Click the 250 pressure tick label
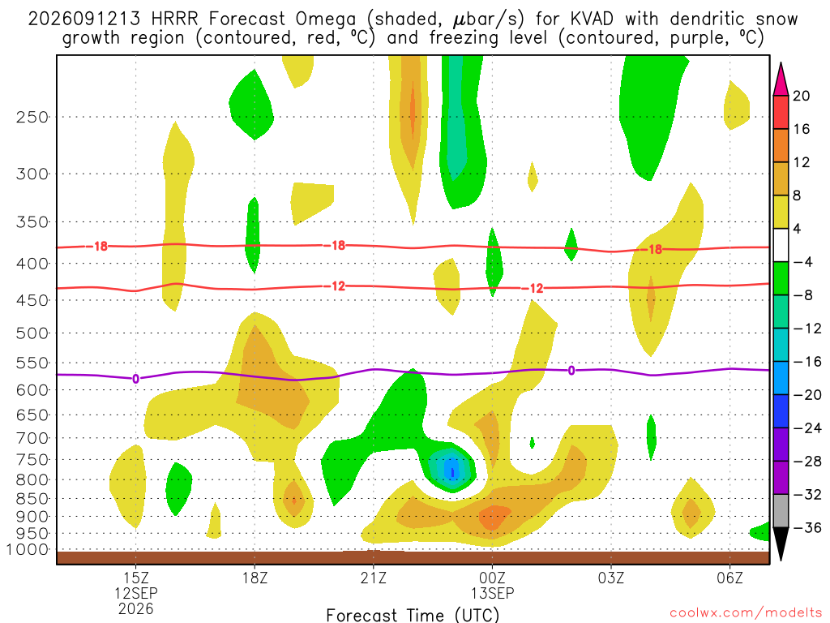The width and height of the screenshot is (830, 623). click(32, 117)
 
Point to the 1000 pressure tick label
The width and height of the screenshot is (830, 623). click(28, 550)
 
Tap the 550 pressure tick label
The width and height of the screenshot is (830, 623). click(32, 363)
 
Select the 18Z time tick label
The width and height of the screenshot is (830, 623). click(255, 578)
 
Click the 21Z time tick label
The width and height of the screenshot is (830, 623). click(374, 578)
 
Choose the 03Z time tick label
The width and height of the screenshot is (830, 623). click(611, 578)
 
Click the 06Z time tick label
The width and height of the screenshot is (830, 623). click(730, 578)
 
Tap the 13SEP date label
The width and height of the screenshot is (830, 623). click(492, 593)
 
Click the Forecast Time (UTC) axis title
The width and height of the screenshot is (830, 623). click(413, 615)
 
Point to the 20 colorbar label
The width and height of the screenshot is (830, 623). click(801, 96)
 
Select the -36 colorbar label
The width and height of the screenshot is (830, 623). click(807, 527)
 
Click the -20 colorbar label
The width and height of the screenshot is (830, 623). click(807, 395)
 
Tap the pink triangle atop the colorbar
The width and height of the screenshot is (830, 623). click(781, 79)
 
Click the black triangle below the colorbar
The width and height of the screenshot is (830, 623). click(781, 544)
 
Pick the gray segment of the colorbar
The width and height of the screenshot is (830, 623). click(781, 511)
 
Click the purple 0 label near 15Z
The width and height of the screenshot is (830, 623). click(136, 379)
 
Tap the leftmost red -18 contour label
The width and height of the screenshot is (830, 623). click(97, 247)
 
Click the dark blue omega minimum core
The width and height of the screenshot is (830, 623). click(452, 470)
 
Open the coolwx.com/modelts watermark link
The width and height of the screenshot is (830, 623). click(746, 613)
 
